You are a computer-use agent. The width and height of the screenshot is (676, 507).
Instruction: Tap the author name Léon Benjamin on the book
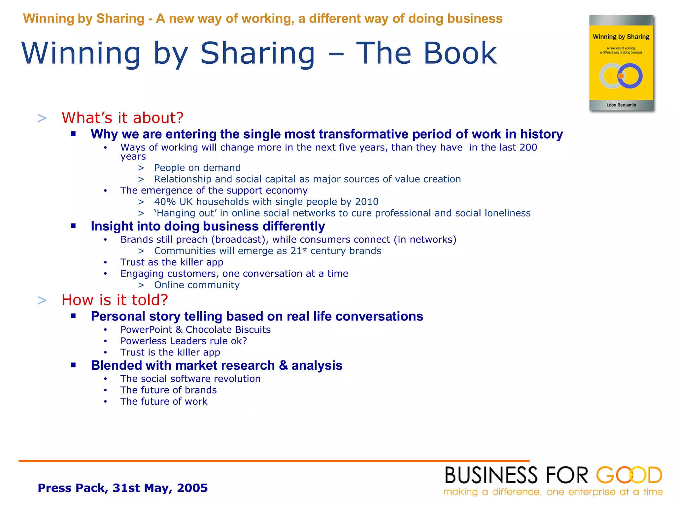click(x=621, y=105)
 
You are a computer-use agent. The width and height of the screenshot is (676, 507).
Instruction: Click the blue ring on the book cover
click(x=630, y=76)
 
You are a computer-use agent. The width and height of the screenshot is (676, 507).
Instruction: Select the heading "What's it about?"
click(x=122, y=118)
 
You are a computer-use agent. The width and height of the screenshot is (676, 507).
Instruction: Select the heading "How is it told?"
click(x=115, y=300)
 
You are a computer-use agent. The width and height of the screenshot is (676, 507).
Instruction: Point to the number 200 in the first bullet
click(x=528, y=147)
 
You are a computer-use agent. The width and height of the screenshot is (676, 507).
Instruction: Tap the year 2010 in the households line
click(x=367, y=202)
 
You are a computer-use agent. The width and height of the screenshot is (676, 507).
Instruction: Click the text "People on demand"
click(x=197, y=168)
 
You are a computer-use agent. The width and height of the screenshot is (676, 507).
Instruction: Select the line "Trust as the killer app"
click(x=172, y=262)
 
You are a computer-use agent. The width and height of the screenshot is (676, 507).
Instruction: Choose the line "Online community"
click(x=197, y=285)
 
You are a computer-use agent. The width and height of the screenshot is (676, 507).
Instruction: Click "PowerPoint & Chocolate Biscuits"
click(x=195, y=329)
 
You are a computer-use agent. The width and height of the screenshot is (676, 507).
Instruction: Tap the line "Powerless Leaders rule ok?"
click(x=184, y=341)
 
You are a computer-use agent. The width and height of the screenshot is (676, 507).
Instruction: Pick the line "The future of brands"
click(x=168, y=390)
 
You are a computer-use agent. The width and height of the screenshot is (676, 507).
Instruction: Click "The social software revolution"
click(x=190, y=379)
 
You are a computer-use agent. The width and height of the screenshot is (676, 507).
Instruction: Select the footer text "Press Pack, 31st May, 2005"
click(x=123, y=488)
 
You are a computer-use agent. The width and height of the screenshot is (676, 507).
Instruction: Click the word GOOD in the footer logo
click(x=629, y=475)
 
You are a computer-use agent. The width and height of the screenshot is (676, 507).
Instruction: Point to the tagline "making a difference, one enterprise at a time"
click(x=553, y=492)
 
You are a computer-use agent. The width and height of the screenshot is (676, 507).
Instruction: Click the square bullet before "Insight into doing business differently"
click(x=73, y=226)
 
